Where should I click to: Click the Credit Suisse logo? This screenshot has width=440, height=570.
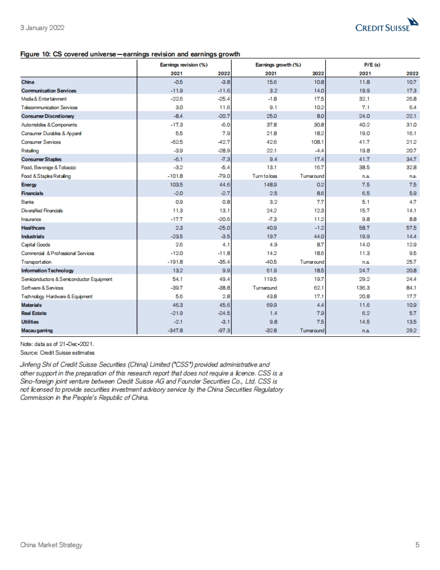[x=387, y=25]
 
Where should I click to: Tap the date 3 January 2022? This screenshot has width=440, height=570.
[x=42, y=28]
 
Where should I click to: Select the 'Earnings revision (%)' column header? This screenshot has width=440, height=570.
[x=184, y=65]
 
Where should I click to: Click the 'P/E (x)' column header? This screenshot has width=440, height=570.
[x=372, y=65]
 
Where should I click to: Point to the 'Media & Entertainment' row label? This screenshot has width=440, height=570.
[x=44, y=99]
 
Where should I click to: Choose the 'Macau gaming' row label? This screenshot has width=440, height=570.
[x=37, y=331]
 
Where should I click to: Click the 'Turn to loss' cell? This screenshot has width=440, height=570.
[x=265, y=176]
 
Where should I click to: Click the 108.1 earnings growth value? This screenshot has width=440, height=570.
[x=318, y=142]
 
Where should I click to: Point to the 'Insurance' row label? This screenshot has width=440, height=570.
[x=31, y=219]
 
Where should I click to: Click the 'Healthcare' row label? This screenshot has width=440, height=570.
[x=33, y=228]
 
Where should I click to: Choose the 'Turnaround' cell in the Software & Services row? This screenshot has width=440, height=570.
[x=265, y=288]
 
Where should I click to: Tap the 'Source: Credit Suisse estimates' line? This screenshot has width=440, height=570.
[x=57, y=353]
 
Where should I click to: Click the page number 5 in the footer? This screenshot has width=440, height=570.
[x=417, y=545]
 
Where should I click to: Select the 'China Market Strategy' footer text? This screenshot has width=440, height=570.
[x=51, y=545]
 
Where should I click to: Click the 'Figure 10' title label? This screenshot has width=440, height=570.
[x=35, y=54]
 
